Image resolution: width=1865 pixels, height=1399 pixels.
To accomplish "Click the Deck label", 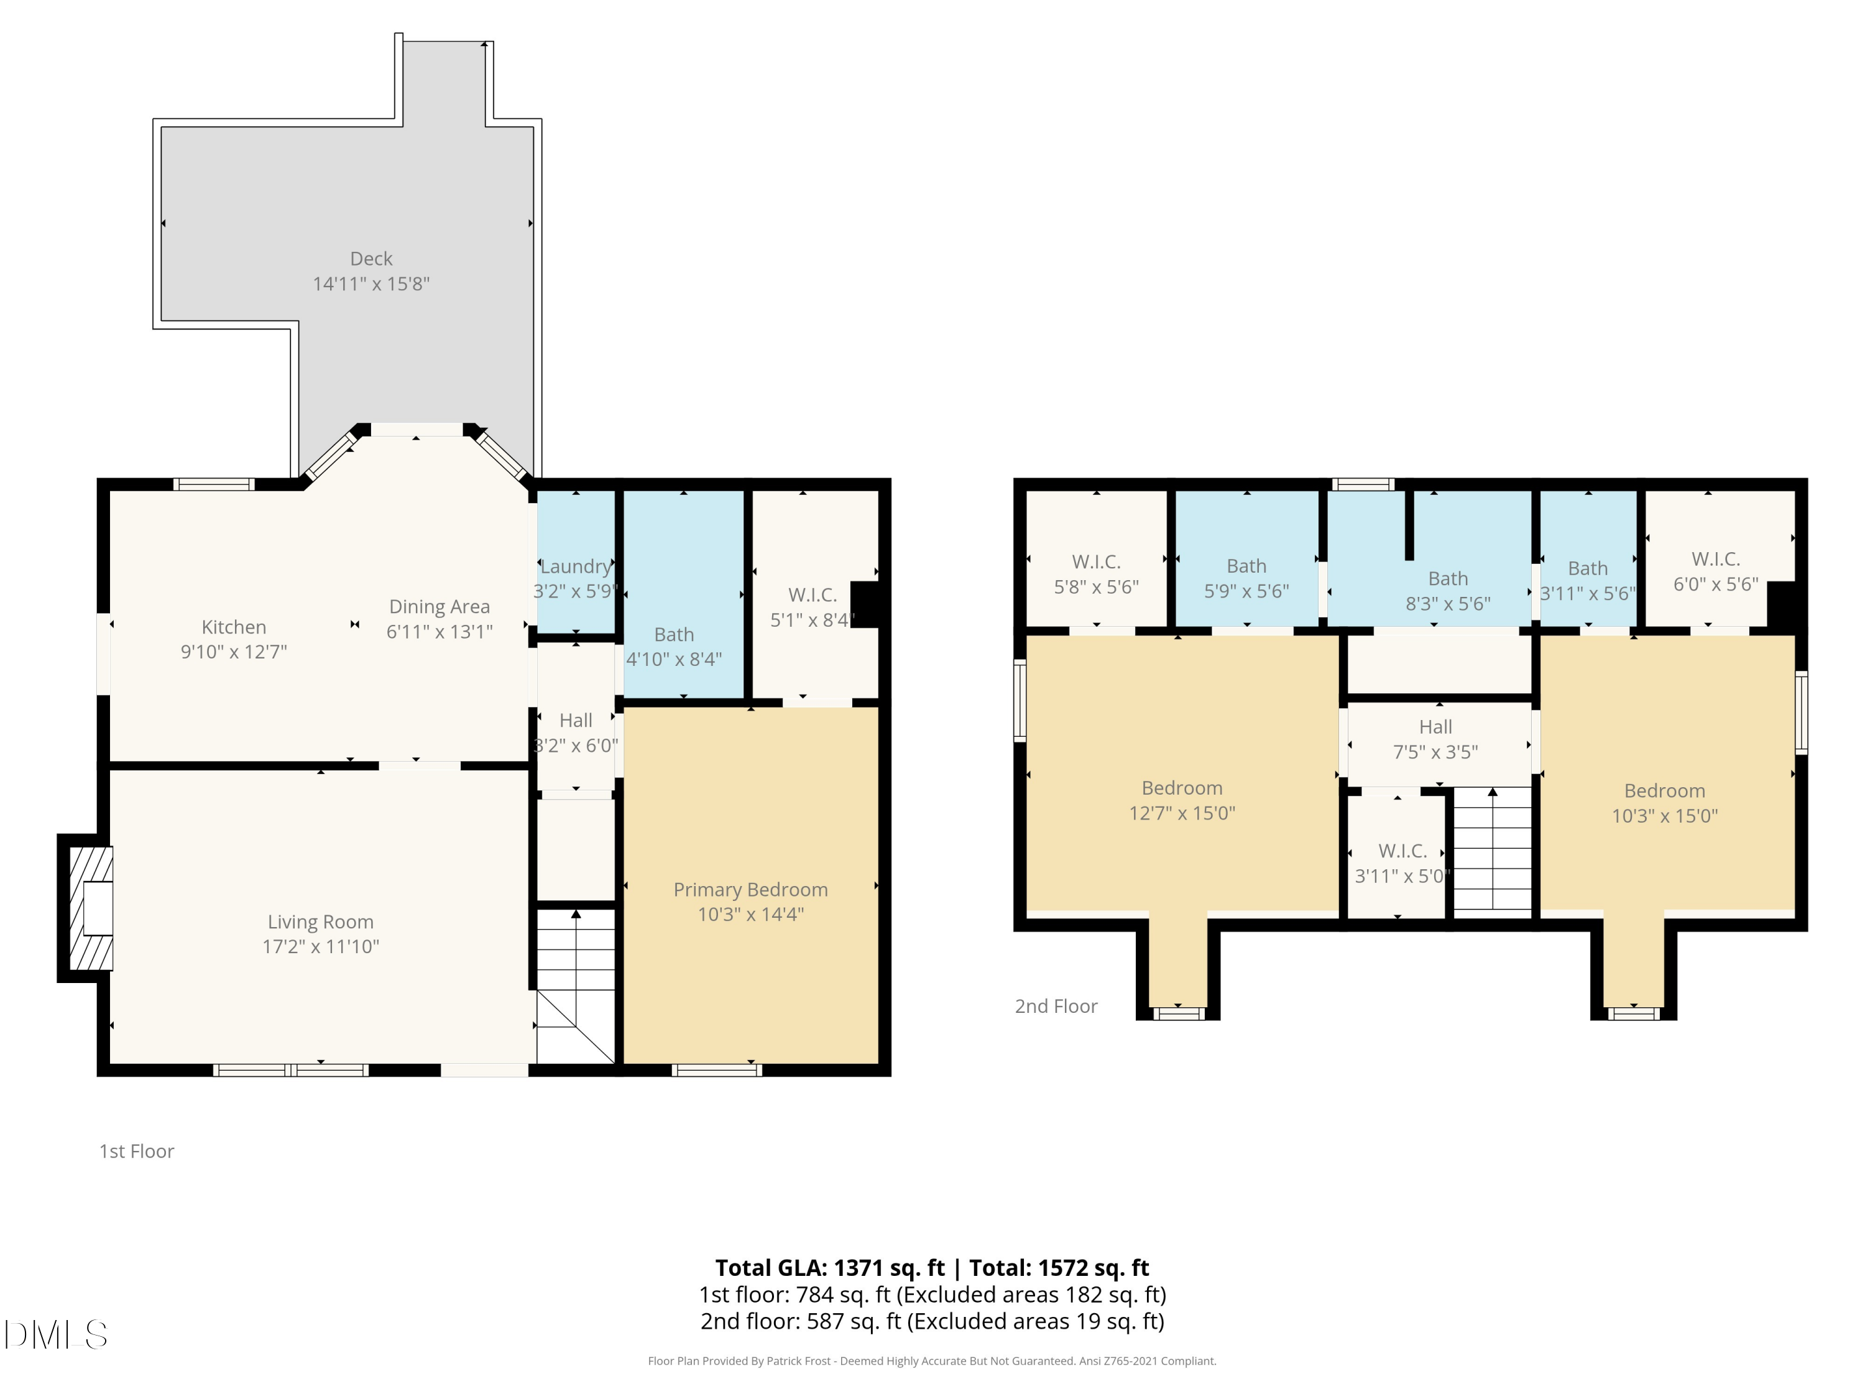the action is pos(371,259).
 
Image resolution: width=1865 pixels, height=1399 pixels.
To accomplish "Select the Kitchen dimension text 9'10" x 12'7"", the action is pos(234,652).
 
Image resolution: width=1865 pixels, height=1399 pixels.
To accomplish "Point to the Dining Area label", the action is pos(440,607).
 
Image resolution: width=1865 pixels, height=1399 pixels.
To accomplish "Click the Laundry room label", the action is pos(576,566).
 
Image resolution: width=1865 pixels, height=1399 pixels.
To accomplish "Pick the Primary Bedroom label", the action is pos(750,890).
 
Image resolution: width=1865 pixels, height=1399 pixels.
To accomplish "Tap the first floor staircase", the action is pos(576,985).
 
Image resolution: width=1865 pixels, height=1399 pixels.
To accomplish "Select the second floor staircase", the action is pos(1493,852).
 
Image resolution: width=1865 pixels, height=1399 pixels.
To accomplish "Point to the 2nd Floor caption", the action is pos(1056,1006).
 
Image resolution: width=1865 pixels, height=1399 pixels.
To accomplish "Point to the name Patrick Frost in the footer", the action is pos(798,1361).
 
